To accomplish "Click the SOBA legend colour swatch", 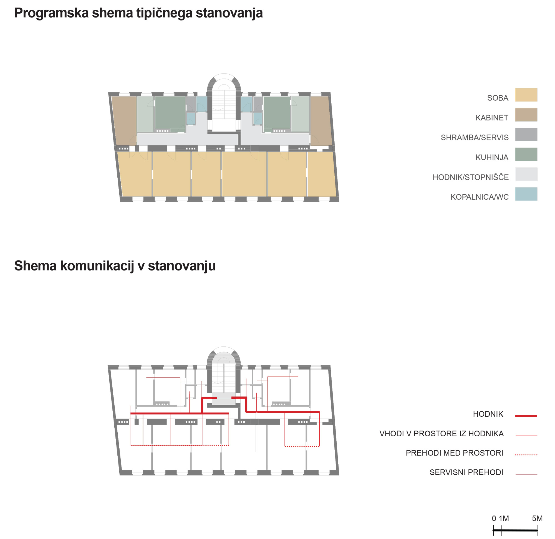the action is [526, 95].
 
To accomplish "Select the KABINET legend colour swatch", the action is [526, 115].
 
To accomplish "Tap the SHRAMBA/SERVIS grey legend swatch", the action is [526, 135].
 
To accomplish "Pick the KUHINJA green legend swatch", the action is [526, 154].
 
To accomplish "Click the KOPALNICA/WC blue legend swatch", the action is [526, 194].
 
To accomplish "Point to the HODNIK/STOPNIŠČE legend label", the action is [470, 177].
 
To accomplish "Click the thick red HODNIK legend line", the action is [526, 416].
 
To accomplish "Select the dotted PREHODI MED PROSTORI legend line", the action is [526, 455].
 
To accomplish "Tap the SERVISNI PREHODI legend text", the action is [466, 472].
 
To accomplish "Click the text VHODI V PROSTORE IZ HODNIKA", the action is [442, 434].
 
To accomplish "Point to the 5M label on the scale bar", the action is [537, 518].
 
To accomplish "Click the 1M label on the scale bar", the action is [504, 518].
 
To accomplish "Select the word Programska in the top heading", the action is [51, 13].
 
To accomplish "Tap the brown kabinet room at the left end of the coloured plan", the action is [124, 121].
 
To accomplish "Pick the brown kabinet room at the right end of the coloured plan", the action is [321, 121].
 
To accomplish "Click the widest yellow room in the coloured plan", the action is [244, 174].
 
